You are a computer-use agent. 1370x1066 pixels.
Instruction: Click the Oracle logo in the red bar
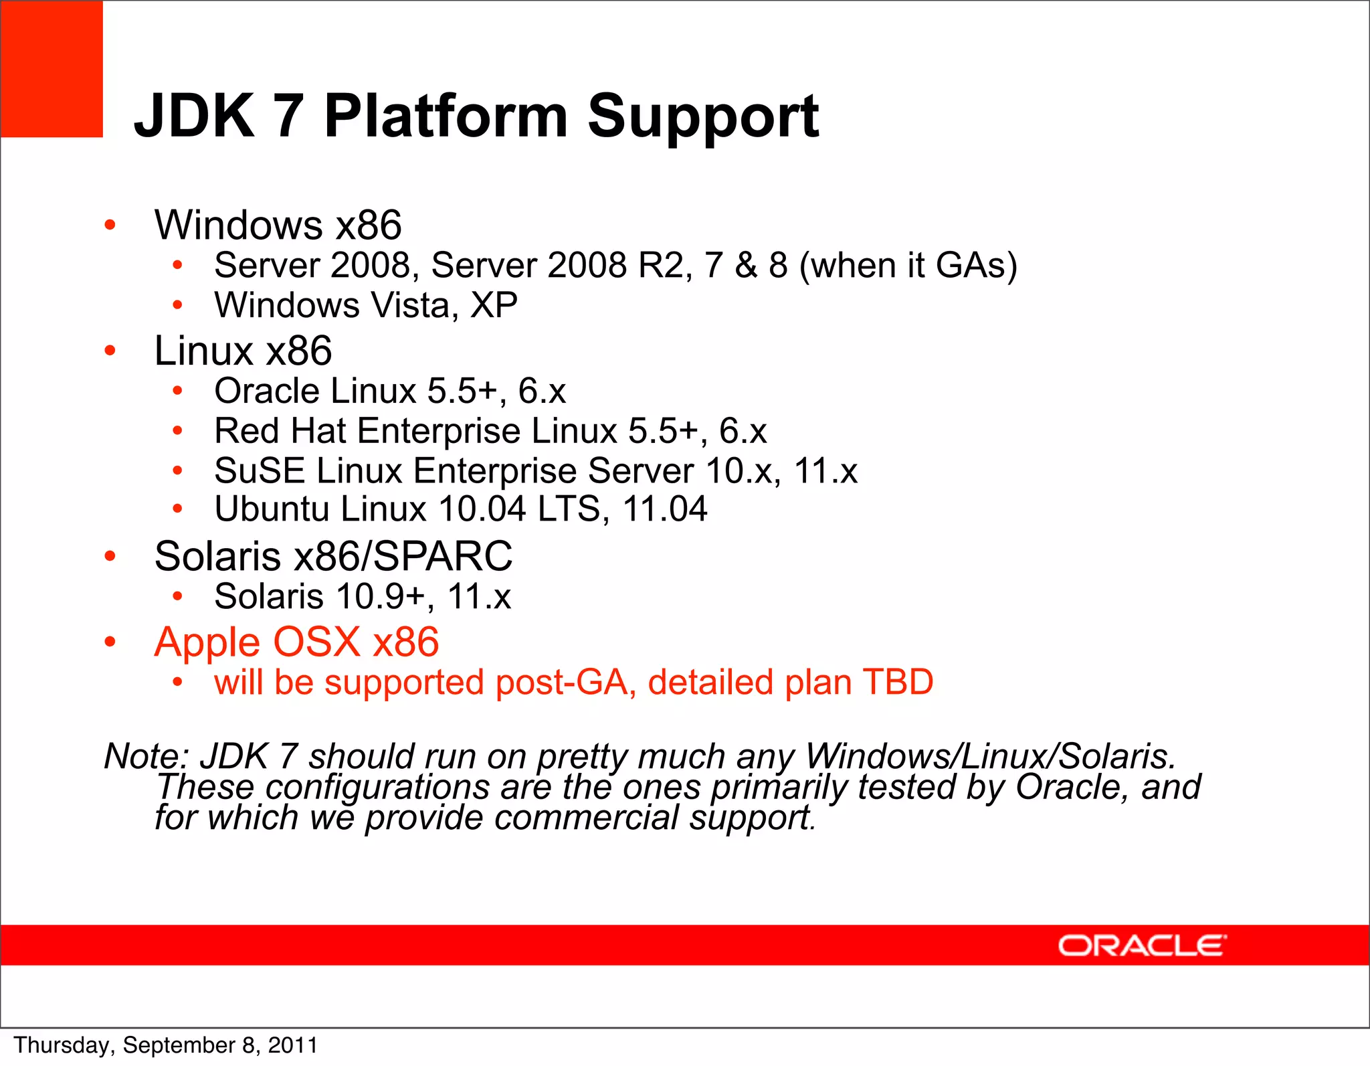(1142, 946)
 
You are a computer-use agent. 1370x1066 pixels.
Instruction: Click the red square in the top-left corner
(52, 69)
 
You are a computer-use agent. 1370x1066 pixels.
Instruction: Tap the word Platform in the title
(446, 116)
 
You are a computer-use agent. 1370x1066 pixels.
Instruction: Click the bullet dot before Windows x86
(110, 225)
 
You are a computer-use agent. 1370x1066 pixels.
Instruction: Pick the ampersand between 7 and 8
(746, 265)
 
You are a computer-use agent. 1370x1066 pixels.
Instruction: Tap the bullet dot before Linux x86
(110, 350)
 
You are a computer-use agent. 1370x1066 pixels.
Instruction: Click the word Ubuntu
(272, 509)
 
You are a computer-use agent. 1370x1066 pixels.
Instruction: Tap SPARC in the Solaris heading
(442, 556)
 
